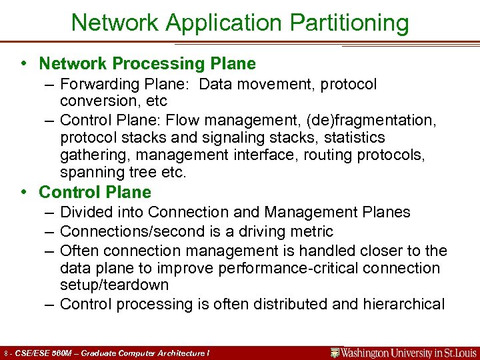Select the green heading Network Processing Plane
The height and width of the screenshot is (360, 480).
coord(147,63)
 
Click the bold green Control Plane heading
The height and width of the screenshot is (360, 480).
coord(95,192)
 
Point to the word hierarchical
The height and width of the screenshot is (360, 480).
coord(403,304)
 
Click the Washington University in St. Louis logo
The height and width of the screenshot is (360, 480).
coord(404,352)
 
